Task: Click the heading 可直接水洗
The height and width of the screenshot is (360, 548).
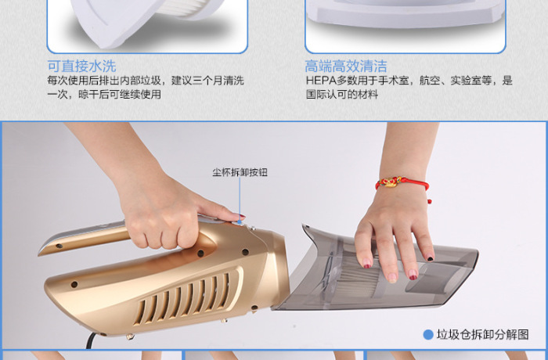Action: tap(81, 66)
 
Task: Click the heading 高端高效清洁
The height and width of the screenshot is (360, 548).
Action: tap(346, 66)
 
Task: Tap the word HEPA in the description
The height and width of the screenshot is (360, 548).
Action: tap(321, 81)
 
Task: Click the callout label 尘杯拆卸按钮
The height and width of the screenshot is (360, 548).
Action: tap(240, 172)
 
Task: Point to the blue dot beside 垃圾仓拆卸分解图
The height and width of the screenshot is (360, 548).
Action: tap(428, 335)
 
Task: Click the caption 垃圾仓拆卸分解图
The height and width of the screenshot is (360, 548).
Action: tap(483, 335)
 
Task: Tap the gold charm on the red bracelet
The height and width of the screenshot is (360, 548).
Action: tap(391, 182)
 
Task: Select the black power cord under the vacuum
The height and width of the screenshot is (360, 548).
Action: tap(90, 340)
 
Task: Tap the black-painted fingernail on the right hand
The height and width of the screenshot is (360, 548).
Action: tap(431, 259)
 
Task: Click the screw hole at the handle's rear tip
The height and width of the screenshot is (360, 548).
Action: tap(59, 246)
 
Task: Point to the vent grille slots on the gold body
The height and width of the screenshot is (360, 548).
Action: tap(183, 297)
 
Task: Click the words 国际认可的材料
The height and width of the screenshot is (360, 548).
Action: tap(342, 95)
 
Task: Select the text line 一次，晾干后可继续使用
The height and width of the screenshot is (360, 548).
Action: tap(104, 95)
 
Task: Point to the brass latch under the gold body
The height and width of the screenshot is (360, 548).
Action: tap(130, 337)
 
